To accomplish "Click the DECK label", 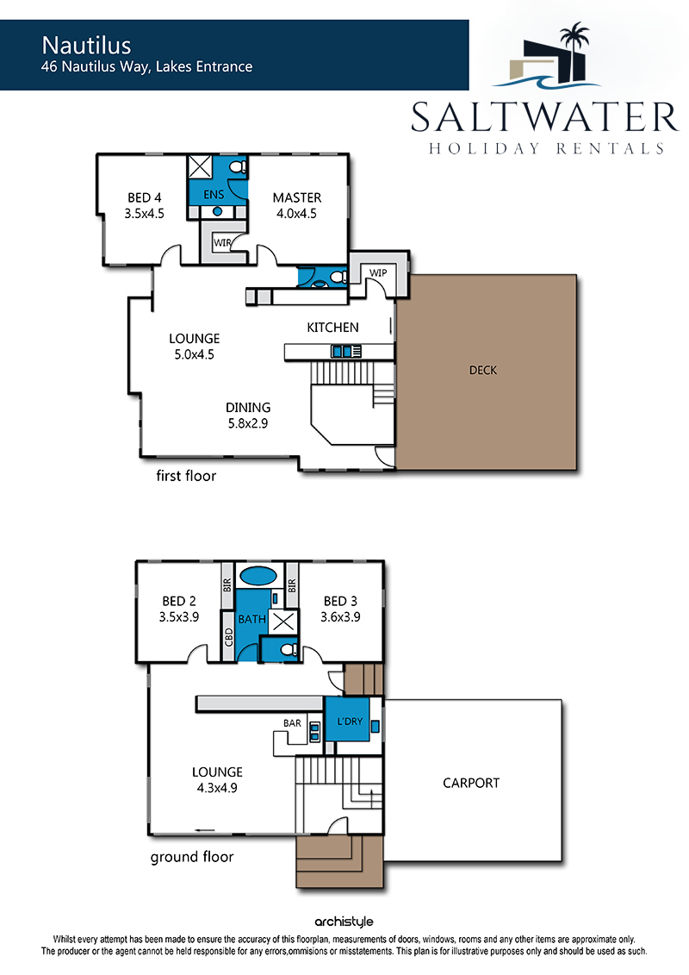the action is pos(483,370).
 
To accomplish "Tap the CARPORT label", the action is pos(471,783).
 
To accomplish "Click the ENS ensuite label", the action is pos(214,195).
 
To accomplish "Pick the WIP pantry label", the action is pos(378,273).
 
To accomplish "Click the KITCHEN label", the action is pos(332,327).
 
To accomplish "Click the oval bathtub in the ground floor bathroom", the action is pos(258,575).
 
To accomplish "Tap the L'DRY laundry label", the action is pos(350,722).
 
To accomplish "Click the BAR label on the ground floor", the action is pos(292,723).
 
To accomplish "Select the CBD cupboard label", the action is pos(228,637).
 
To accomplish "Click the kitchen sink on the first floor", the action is pos(342,352).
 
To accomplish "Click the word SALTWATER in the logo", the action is pos(544,117).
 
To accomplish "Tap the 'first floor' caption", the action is pos(186,476).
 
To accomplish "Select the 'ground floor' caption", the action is pos(192,857).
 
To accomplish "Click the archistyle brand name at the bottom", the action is pos(344,922).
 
